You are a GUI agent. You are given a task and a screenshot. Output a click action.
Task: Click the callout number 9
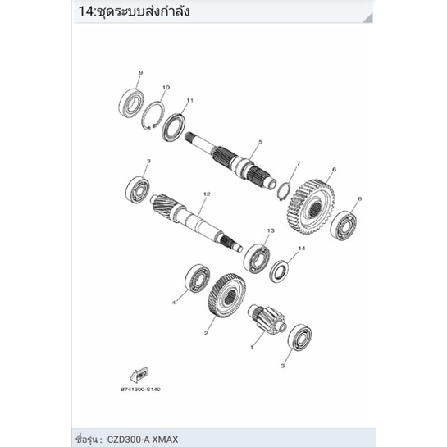pos(140,73)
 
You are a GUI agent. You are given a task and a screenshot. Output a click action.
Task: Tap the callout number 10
pos(166,87)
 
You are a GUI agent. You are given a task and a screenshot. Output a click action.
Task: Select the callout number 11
pos(189,100)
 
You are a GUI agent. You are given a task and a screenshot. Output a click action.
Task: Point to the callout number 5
pos(260,142)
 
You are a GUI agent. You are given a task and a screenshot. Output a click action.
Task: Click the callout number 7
pos(299,164)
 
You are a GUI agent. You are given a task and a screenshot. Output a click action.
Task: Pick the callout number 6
pos(334,170)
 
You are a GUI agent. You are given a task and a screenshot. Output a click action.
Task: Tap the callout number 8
pos(360,198)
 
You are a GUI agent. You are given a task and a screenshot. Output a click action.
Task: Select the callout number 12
pos(207,194)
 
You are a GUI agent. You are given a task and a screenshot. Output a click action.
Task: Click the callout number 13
pos(271,230)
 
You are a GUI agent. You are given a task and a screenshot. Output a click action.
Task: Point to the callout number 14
pos(302,249)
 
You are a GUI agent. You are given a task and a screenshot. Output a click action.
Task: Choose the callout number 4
pos(174,303)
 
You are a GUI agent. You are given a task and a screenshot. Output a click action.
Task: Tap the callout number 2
pos(207,333)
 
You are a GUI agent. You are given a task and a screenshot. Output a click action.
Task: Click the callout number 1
pos(252,348)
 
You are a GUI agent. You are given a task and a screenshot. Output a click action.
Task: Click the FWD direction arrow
pos(139,375)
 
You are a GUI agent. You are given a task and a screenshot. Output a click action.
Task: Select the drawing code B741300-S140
pos(140,389)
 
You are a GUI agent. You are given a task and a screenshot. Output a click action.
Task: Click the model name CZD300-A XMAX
pos(143,440)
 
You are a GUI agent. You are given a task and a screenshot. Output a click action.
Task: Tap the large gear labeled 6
pos(311,207)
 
